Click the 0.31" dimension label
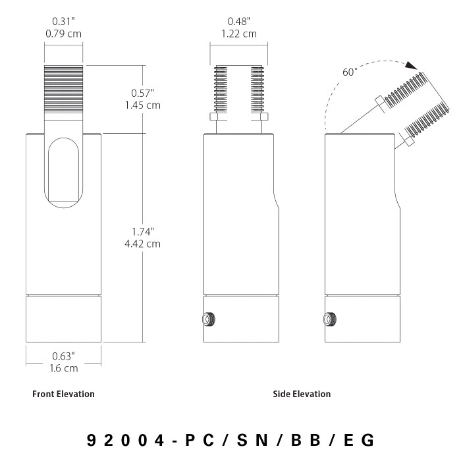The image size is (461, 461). pos(63,22)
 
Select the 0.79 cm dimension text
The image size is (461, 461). pos(63,34)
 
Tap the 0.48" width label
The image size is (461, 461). pos(238,22)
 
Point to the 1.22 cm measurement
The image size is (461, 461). pos(238,34)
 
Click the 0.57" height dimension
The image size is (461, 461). pos(143,94)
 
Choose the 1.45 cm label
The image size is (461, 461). pos(143,105)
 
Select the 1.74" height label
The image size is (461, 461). pos(143,232)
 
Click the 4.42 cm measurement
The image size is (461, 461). pos(143,244)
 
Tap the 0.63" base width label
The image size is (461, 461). pos(63,356)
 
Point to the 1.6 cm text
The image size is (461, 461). pos(63,368)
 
